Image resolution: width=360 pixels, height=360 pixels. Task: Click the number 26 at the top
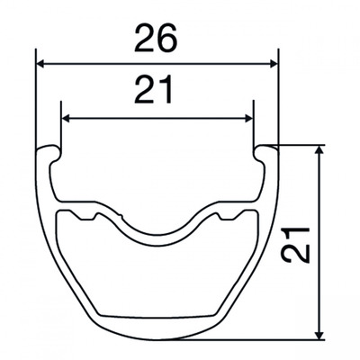pos(156,38)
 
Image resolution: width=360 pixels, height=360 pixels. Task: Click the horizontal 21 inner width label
pos(154,90)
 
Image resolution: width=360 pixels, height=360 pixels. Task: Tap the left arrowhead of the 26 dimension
pos(40,64)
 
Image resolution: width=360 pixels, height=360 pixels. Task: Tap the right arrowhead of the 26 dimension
pos(274,64)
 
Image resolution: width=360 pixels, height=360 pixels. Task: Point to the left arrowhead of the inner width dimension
pos(66,119)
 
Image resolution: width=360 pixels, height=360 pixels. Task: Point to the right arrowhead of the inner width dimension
pos(248,119)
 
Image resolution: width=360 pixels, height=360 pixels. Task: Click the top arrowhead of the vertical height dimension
pos(320,150)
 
